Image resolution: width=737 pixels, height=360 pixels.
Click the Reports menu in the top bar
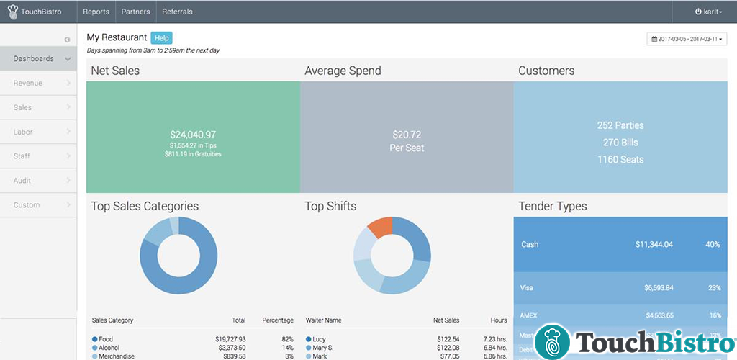tap(96, 12)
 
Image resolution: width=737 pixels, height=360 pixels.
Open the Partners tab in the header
tap(135, 12)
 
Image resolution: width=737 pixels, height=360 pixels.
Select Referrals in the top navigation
tap(177, 12)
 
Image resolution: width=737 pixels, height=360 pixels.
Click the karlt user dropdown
tap(708, 12)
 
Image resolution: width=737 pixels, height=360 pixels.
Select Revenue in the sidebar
tap(28, 84)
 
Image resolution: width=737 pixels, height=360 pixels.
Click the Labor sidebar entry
tap(23, 132)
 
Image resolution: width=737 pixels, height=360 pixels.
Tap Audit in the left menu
tap(22, 181)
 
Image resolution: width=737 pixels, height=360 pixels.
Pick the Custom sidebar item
tap(26, 205)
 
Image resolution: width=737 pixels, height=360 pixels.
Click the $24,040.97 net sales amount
tap(193, 135)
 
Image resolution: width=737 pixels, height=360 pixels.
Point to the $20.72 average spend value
tap(407, 135)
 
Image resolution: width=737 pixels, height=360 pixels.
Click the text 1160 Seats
tap(620, 160)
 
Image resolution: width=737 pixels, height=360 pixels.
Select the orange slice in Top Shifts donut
tap(379, 228)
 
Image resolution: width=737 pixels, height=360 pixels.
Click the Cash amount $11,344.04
tap(654, 245)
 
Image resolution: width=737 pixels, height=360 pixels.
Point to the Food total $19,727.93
tap(225, 339)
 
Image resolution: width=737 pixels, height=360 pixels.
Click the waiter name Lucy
tap(320, 339)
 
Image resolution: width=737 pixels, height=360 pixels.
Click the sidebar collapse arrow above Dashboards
tap(67, 40)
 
